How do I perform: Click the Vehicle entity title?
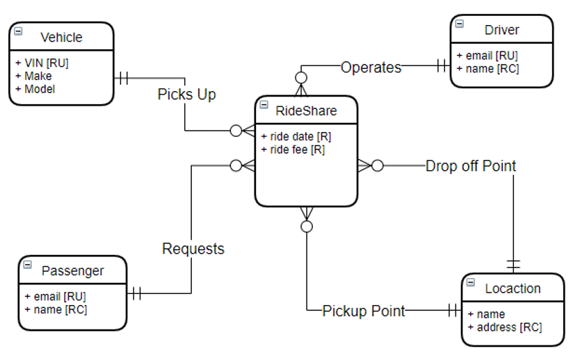pyautogui.click(x=61, y=38)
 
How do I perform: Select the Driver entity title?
pyautogui.click(x=501, y=30)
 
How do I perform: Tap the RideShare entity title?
pyautogui.click(x=306, y=111)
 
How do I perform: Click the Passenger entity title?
pyautogui.click(x=73, y=271)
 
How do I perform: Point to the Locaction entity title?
pyautogui.click(x=513, y=288)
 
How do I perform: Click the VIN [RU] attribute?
pyautogui.click(x=42, y=63)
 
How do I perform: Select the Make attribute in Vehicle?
pyautogui.click(x=33, y=76)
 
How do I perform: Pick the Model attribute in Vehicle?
pyautogui.click(x=35, y=89)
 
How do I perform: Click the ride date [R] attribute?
pyautogui.click(x=296, y=137)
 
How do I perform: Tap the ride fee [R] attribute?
pyautogui.click(x=293, y=149)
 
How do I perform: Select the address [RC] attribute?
pyautogui.click(x=505, y=327)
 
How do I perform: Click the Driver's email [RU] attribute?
pyautogui.click(x=487, y=56)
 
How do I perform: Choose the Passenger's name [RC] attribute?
pyautogui.click(x=56, y=310)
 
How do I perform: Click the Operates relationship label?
pyautogui.click(x=371, y=67)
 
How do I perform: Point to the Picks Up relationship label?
pyautogui.click(x=187, y=95)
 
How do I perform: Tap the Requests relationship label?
pyautogui.click(x=193, y=249)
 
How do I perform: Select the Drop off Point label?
pyautogui.click(x=471, y=166)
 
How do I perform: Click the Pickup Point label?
pyautogui.click(x=364, y=311)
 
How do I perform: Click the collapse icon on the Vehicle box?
pyautogui.click(x=18, y=31)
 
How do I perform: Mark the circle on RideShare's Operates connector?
pyautogui.click(x=301, y=78)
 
